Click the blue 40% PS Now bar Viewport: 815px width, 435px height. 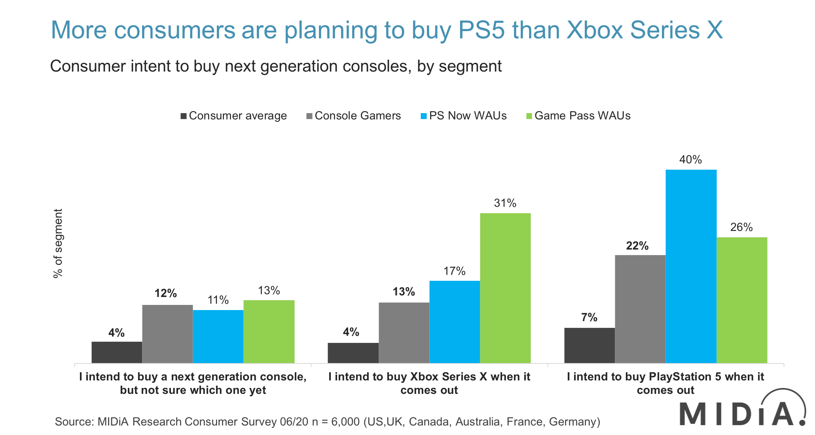point(691,266)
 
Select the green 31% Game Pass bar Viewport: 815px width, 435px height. point(505,288)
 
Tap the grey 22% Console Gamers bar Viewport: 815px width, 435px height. point(640,309)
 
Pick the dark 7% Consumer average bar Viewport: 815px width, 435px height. point(589,345)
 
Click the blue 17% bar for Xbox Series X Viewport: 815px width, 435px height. point(455,322)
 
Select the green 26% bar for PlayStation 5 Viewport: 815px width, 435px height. point(742,300)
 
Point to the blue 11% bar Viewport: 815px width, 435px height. point(218,336)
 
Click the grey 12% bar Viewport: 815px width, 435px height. point(167,334)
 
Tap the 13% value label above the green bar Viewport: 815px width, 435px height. point(269,291)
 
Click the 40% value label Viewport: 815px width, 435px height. point(691,160)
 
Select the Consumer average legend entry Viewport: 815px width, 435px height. point(233,116)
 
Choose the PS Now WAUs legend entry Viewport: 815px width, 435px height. point(464,116)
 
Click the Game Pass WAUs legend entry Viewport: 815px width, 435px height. point(578,116)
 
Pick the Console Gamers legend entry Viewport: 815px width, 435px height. point(354,116)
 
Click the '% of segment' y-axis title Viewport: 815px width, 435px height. point(58,243)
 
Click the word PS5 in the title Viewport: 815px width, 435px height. point(481,30)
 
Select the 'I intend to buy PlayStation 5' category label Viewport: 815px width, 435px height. point(665,383)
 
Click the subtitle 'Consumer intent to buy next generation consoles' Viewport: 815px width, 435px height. point(276,66)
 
